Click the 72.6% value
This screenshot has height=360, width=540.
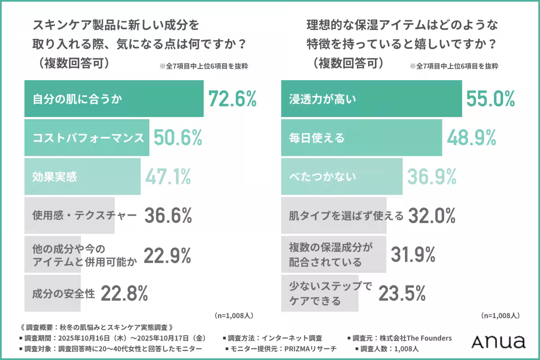(x=232, y=99)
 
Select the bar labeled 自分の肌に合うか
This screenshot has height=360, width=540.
(x=113, y=99)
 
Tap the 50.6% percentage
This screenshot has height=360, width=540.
(x=178, y=138)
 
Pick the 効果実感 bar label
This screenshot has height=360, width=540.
(x=55, y=177)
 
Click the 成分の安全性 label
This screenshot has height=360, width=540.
(x=63, y=294)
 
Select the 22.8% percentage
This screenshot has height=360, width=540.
(x=124, y=294)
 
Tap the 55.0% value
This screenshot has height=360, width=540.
(x=490, y=99)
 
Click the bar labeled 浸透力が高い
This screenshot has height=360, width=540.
(x=371, y=99)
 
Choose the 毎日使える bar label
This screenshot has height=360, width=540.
(x=317, y=138)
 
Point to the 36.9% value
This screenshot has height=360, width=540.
(x=432, y=177)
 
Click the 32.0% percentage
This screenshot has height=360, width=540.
(x=432, y=216)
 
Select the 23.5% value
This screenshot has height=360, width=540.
(x=402, y=294)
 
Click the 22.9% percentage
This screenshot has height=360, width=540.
(x=167, y=255)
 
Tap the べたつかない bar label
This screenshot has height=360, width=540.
(x=322, y=177)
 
